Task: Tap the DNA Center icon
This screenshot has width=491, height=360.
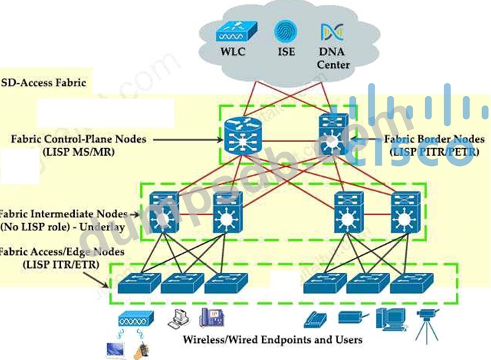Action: click(x=328, y=32)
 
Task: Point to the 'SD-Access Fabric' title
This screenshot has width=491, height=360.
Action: click(x=44, y=83)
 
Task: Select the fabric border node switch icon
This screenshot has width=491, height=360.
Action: click(x=333, y=132)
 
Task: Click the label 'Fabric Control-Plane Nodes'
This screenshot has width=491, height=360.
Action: click(x=79, y=139)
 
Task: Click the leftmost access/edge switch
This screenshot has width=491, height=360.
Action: click(x=138, y=283)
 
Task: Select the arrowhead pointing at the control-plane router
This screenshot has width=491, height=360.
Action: click(x=218, y=140)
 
